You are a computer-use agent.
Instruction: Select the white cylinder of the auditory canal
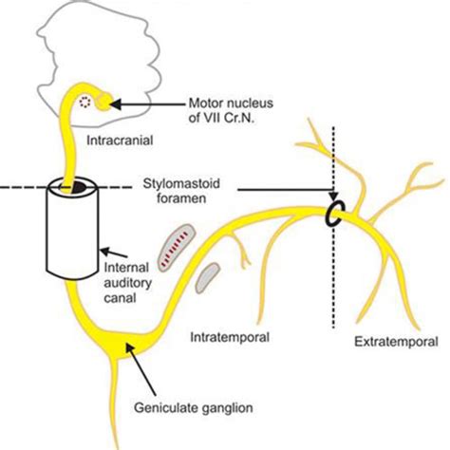[71, 233]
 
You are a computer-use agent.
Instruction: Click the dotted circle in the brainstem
[88, 102]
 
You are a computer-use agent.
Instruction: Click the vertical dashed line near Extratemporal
[333, 285]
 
